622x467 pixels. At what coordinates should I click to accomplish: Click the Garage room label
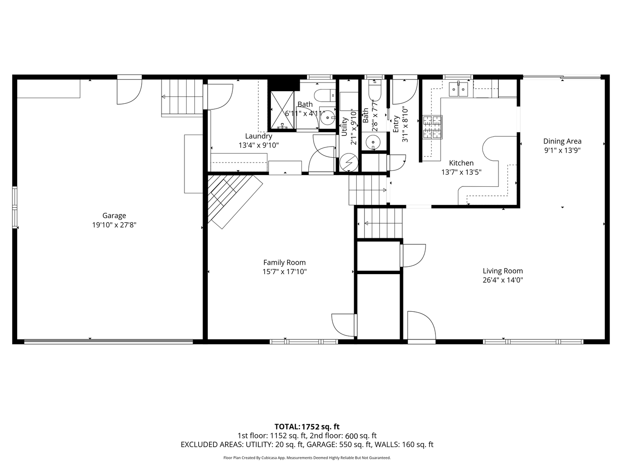click(x=114, y=215)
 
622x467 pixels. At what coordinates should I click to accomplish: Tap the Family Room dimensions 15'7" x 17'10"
click(x=285, y=272)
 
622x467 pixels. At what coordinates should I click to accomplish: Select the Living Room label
click(x=503, y=271)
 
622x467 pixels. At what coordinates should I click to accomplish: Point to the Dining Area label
click(x=562, y=141)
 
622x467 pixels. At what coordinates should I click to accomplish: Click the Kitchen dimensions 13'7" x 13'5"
click(x=461, y=172)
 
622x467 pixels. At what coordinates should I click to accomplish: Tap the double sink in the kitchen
click(x=458, y=90)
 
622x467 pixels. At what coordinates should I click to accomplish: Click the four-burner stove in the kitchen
click(x=432, y=127)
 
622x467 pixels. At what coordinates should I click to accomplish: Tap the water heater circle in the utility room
click(x=349, y=163)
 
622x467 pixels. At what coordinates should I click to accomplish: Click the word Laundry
click(x=259, y=136)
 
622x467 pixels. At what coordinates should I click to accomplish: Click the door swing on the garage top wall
click(x=130, y=90)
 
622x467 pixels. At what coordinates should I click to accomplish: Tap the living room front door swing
click(x=421, y=326)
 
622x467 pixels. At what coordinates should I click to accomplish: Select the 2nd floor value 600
click(x=352, y=436)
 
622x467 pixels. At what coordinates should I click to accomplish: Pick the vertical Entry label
click(x=396, y=124)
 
